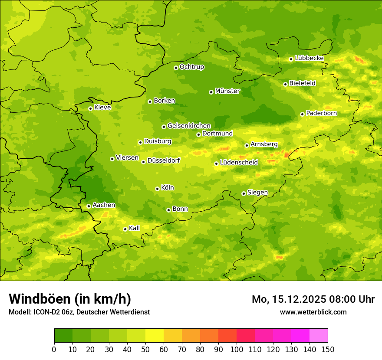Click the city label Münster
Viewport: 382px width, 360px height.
pyautogui.click(x=227, y=91)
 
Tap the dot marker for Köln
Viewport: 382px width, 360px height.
pyautogui.click(x=157, y=189)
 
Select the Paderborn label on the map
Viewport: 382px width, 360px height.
pyautogui.click(x=321, y=113)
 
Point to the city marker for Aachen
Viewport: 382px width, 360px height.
pyautogui.click(x=89, y=206)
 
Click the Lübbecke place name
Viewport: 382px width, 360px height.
pyautogui.click(x=309, y=58)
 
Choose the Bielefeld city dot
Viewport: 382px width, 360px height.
pyautogui.click(x=285, y=84)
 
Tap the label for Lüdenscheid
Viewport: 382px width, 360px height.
pyautogui.click(x=239, y=163)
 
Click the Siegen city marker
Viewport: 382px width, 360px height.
pyautogui.click(x=244, y=193)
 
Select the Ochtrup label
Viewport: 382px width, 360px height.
pyautogui.click(x=191, y=67)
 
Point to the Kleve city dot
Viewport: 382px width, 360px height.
pyautogui.click(x=90, y=108)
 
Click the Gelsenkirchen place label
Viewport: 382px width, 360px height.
pyautogui.click(x=189, y=126)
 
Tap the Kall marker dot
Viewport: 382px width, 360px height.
pyautogui.click(x=125, y=229)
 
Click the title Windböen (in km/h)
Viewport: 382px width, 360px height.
pyautogui.click(x=70, y=299)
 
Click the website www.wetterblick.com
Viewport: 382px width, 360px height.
pyautogui.click(x=313, y=312)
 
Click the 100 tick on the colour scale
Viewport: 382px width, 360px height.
pyautogui.click(x=237, y=349)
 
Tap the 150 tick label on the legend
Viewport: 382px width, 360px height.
pyautogui.click(x=328, y=349)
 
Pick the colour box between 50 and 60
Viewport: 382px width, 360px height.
pyautogui.click(x=155, y=335)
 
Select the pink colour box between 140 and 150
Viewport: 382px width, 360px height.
pyautogui.click(x=319, y=335)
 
